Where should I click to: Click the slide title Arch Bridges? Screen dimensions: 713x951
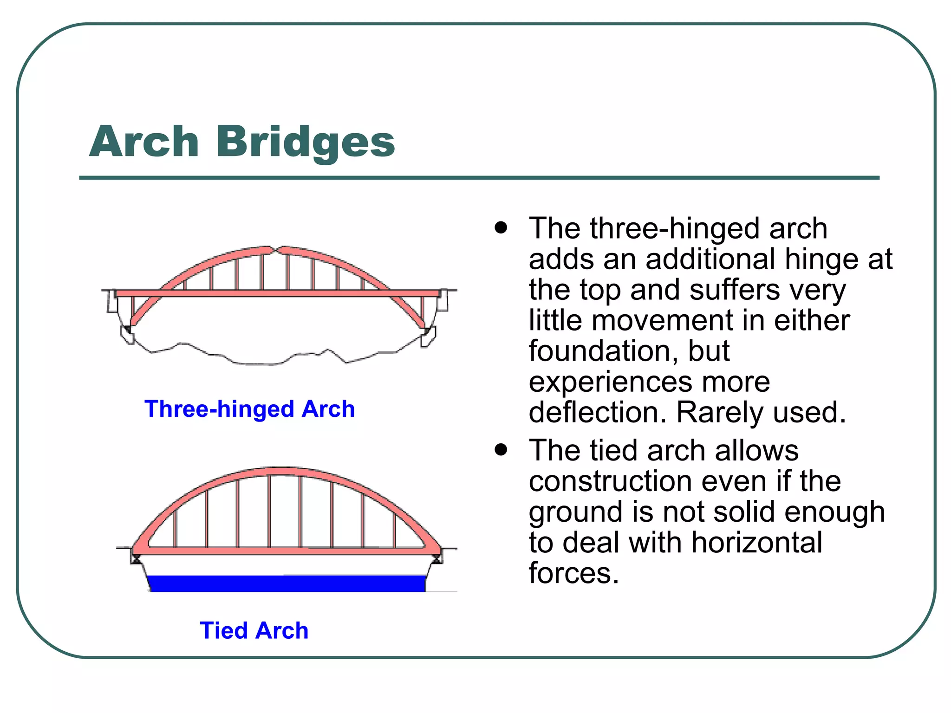[x=241, y=141]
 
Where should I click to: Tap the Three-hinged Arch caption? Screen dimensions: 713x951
[x=249, y=409]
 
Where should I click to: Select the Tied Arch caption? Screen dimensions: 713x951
[x=254, y=630]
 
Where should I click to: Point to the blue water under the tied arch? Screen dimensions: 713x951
[x=286, y=583]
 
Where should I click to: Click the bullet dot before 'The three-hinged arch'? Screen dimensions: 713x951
[x=501, y=227]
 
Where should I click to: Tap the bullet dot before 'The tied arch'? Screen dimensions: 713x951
[x=501, y=449]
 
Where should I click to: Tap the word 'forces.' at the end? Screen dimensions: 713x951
[x=574, y=573]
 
